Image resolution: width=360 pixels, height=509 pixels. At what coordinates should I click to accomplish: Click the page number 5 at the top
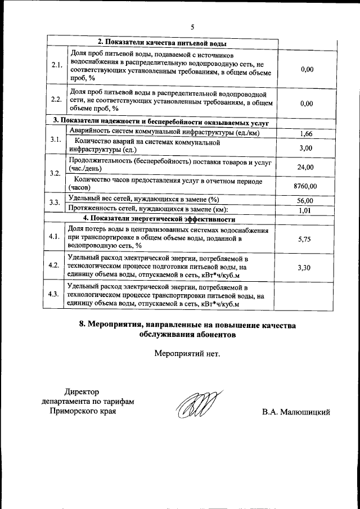coord(192,27)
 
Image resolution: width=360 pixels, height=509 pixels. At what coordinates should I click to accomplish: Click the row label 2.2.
coord(56,100)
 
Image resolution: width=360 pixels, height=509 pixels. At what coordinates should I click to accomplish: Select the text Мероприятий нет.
coord(187,354)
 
